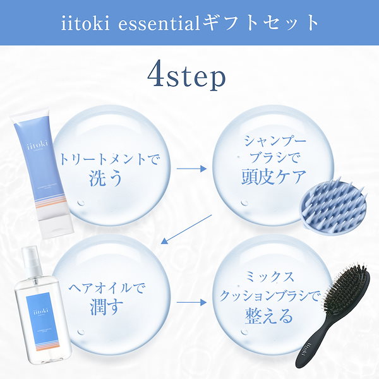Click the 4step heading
tap(186, 76)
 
